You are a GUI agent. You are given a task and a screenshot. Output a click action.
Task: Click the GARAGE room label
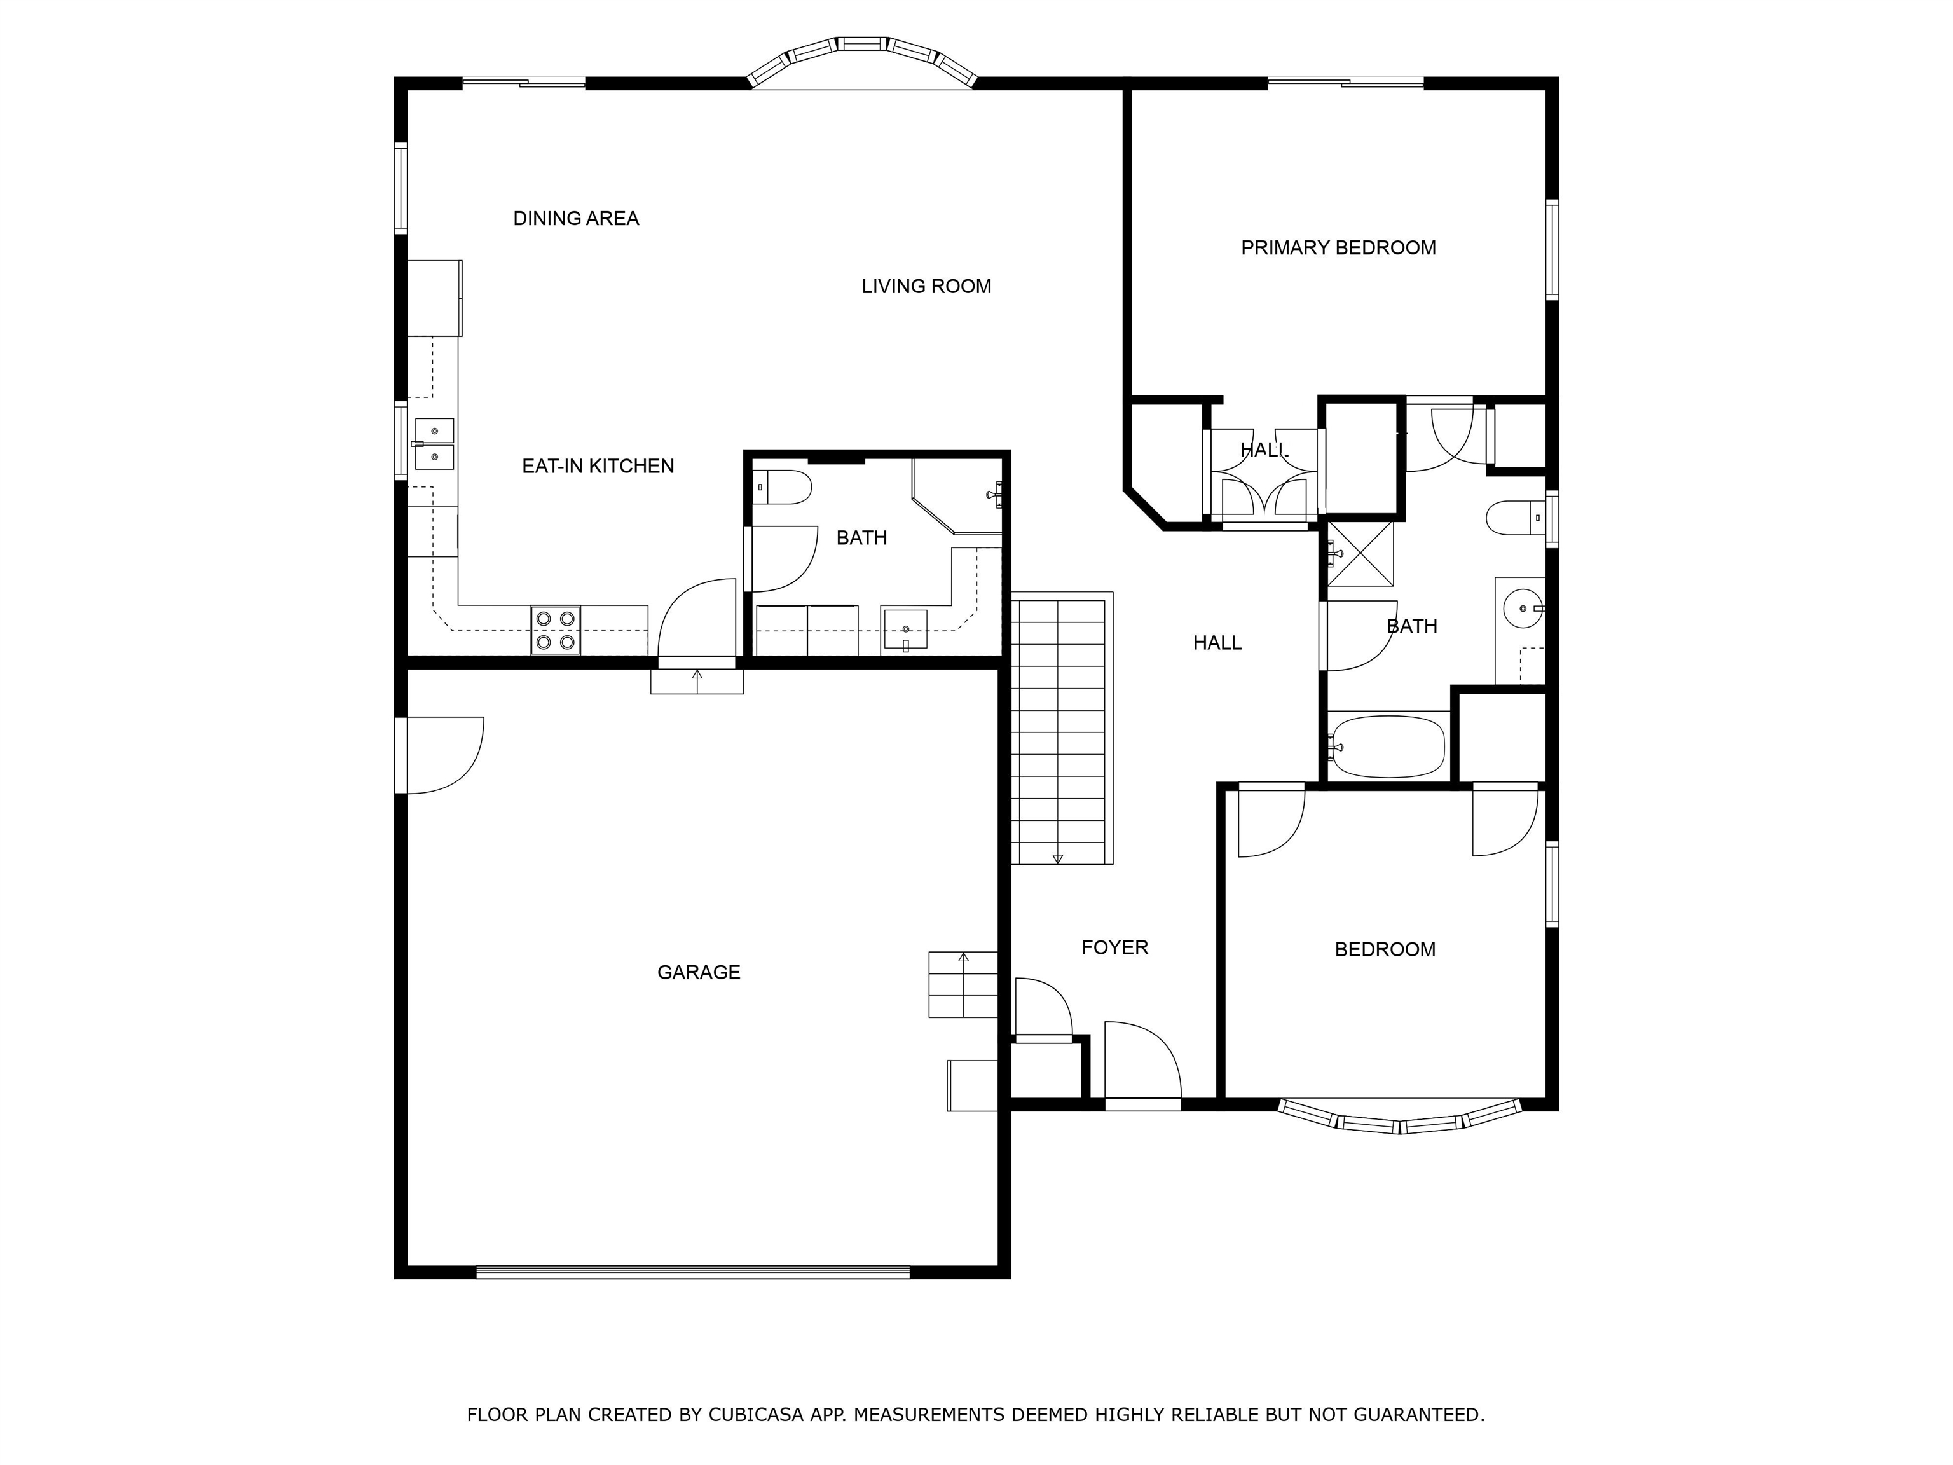click(699, 972)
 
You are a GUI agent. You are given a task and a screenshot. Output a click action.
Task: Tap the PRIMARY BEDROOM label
click(1338, 248)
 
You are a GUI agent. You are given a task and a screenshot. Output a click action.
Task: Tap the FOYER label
click(1114, 947)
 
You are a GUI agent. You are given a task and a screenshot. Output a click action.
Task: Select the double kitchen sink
click(434, 444)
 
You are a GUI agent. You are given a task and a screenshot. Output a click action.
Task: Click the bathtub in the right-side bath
click(1387, 747)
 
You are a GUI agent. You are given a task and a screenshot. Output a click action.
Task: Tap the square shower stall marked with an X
click(1360, 554)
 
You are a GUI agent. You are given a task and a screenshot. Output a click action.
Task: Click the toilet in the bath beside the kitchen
click(783, 488)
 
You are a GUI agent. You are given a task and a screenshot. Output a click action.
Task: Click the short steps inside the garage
click(963, 984)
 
